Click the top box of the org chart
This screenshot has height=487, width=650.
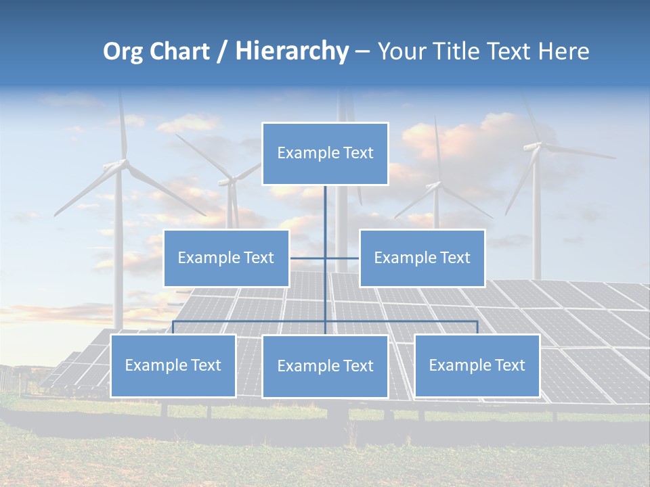pyautogui.click(x=325, y=154)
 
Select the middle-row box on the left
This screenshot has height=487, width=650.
pyautogui.click(x=226, y=258)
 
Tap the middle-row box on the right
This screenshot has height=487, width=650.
pyautogui.click(x=422, y=258)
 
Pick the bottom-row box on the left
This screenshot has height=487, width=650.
pyautogui.click(x=173, y=365)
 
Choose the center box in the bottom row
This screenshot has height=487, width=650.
pyautogui.click(x=325, y=366)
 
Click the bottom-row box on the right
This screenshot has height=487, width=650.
pyautogui.click(x=477, y=365)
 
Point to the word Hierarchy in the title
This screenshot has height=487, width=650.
pyautogui.click(x=291, y=51)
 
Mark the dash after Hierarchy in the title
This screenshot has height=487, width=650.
pyautogui.click(x=362, y=51)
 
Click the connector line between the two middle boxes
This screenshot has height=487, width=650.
pyautogui.click(x=325, y=258)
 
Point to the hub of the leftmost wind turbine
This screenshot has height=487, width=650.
pyautogui.click(x=123, y=163)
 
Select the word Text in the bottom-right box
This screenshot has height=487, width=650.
pyautogui.click(x=509, y=365)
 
